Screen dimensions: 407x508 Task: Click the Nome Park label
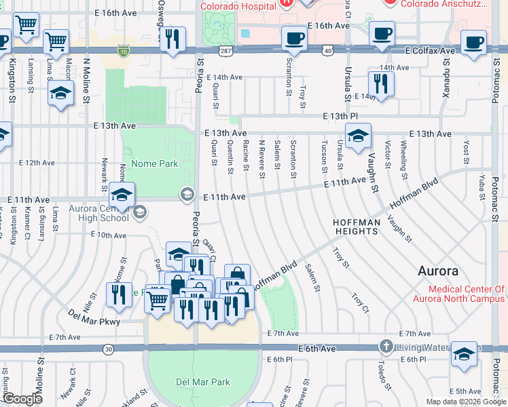tap(154, 163)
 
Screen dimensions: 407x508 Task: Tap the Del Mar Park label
tap(203, 382)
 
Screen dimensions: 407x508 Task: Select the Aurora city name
tap(437, 271)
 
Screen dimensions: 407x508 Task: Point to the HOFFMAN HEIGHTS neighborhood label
tap(355, 227)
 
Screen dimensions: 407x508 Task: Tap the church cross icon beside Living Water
tap(386, 347)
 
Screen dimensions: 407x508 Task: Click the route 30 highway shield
tap(109, 349)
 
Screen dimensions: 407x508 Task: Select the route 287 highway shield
tap(226, 50)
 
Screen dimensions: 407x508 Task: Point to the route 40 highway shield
tap(327, 50)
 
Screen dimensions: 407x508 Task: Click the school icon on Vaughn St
tap(358, 137)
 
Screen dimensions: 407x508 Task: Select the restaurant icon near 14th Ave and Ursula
tap(380, 84)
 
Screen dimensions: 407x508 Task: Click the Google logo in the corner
tap(22, 399)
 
